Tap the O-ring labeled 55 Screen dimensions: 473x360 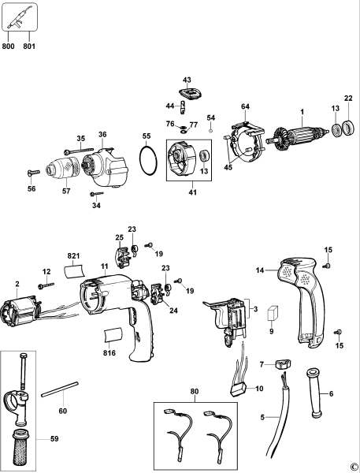click(145, 164)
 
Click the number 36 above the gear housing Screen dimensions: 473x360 click(102, 135)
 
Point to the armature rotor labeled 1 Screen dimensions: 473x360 click(296, 133)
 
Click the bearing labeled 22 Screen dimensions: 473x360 click(347, 128)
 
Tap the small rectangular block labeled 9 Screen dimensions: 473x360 click(273, 311)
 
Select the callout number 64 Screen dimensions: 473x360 click(245, 106)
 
